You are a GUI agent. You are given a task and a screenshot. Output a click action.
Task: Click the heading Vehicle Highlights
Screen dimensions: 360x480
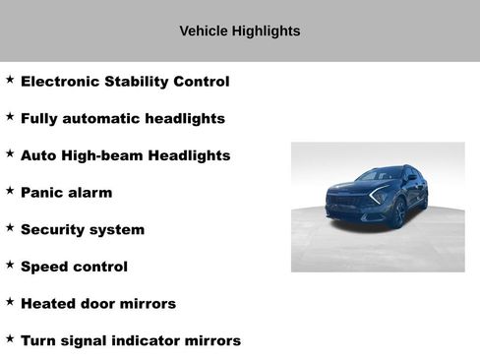click(240, 30)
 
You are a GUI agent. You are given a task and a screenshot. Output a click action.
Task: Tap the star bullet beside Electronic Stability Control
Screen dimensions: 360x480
click(10, 79)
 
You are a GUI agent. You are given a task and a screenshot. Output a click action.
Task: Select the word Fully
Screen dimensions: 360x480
click(39, 119)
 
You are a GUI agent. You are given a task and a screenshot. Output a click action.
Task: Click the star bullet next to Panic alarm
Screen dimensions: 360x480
click(10, 190)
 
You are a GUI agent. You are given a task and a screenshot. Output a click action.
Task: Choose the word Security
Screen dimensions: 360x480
click(55, 230)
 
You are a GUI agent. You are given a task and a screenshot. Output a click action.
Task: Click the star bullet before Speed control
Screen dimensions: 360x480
click(10, 264)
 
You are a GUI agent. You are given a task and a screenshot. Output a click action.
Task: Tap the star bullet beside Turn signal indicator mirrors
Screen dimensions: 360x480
click(10, 337)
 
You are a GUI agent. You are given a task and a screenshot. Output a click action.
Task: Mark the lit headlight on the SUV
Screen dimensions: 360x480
click(378, 196)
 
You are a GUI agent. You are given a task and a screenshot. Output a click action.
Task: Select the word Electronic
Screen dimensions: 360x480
click(62, 82)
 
